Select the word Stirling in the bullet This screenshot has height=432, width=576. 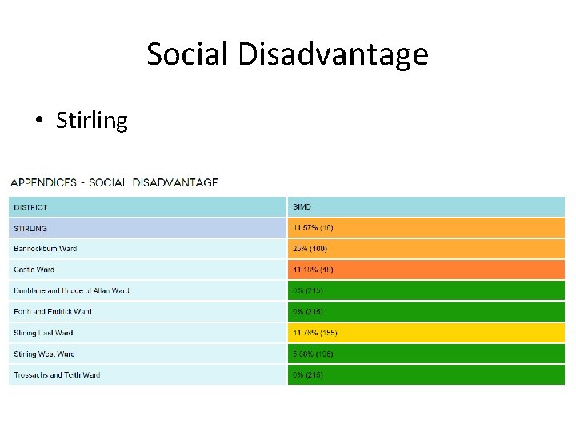[92, 121]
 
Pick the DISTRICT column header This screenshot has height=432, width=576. [30, 207]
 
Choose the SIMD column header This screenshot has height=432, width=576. [302, 207]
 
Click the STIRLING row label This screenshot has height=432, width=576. [30, 228]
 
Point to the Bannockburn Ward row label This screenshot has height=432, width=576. [46, 249]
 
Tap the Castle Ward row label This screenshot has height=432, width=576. [34, 270]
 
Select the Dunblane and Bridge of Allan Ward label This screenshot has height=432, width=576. [71, 290]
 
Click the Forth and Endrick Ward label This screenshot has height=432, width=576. [53, 311]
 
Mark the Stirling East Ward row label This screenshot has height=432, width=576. [43, 333]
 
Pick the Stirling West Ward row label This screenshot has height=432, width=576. [45, 354]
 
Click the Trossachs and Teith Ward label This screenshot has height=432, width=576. [57, 374]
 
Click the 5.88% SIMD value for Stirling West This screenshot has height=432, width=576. [314, 354]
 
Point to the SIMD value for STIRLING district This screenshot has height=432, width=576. [314, 228]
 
